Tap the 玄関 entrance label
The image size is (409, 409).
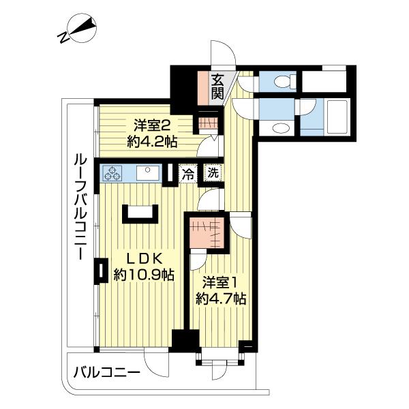(217, 87)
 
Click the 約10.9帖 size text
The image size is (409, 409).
(143, 275)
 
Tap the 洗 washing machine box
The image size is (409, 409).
(213, 173)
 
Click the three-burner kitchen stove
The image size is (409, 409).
(113, 173)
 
